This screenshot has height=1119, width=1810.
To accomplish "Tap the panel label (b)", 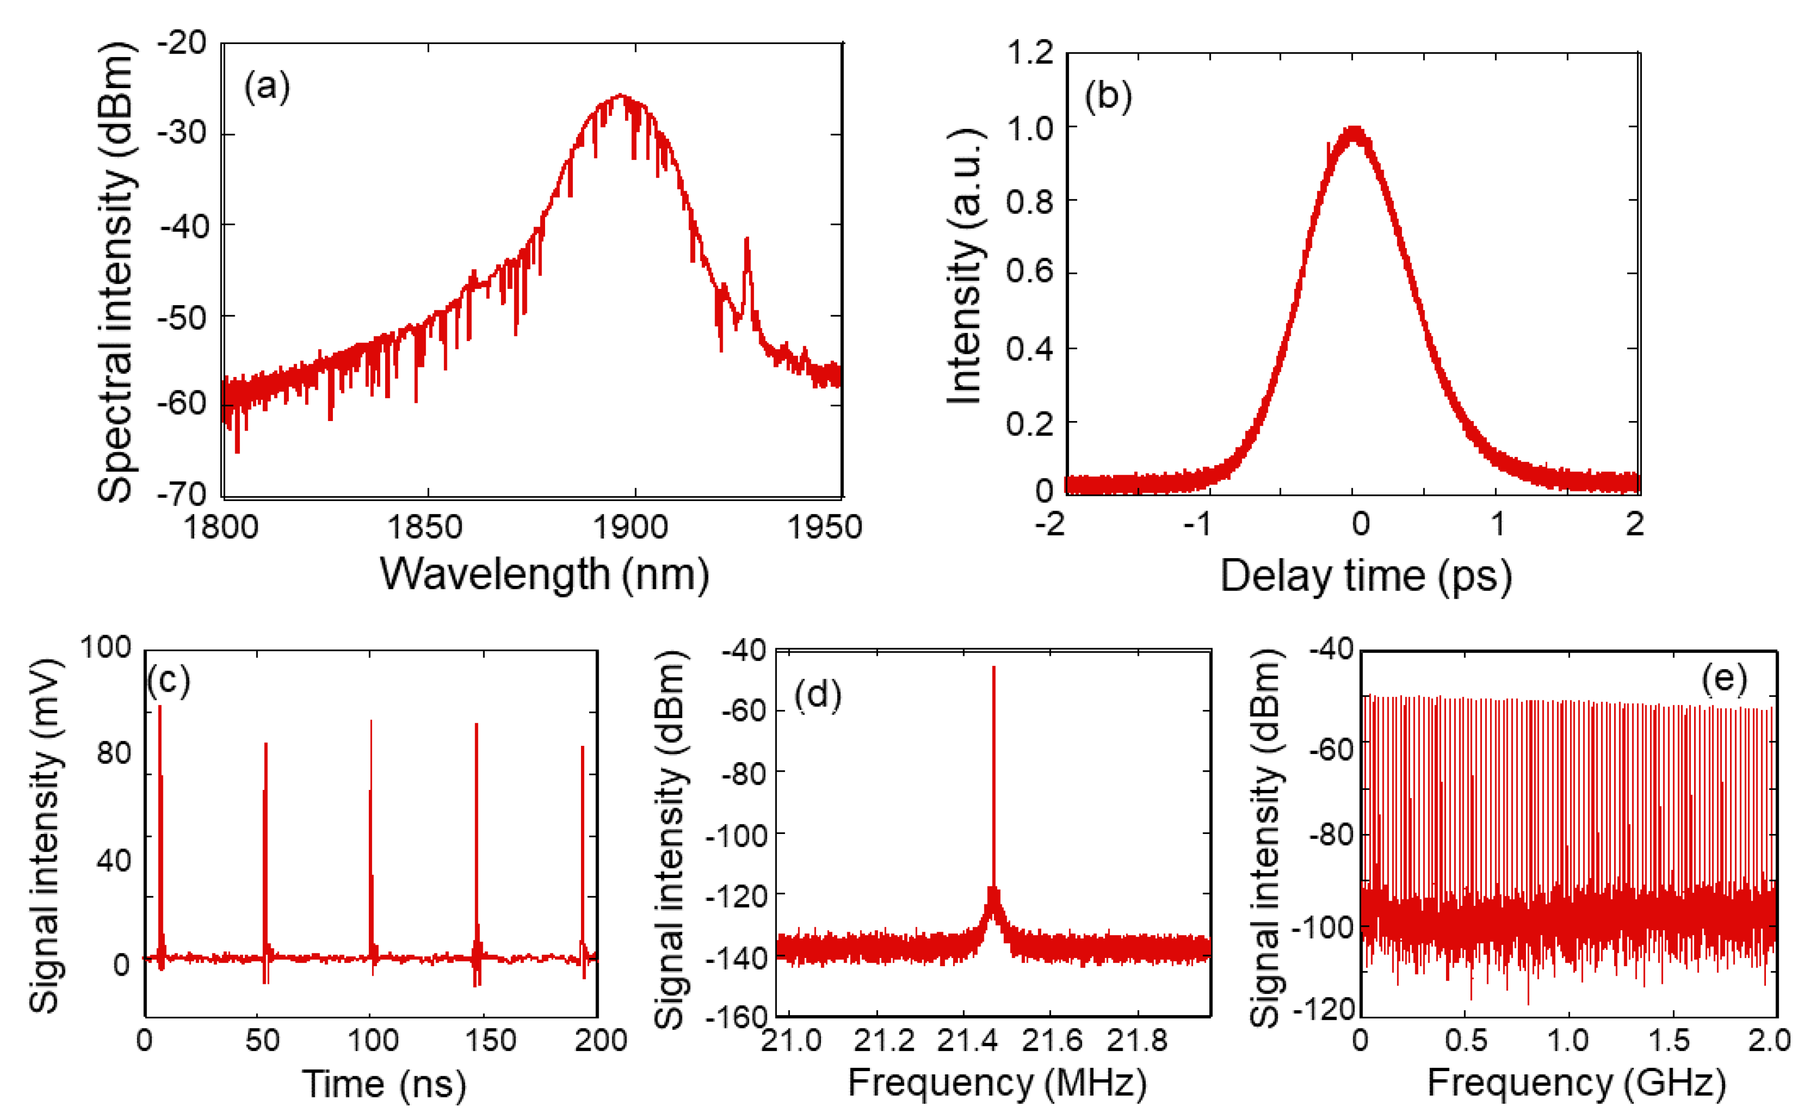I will (1108, 97).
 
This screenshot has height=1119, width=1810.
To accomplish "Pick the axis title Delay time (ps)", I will (1365, 576).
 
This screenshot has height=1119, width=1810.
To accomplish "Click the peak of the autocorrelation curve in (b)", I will (1354, 132).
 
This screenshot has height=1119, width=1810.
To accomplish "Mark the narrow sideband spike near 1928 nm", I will (747, 240).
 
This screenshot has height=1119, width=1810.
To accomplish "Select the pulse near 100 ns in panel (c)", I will (371, 721).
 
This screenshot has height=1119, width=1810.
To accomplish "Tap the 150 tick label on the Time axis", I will (490, 1040).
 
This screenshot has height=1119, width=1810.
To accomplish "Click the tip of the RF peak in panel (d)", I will (994, 668).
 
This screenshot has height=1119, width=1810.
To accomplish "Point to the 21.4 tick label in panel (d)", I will (967, 1040).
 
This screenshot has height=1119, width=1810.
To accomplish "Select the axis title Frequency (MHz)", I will (997, 1083).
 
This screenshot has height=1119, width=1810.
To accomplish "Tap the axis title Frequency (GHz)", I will (1576, 1083).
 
